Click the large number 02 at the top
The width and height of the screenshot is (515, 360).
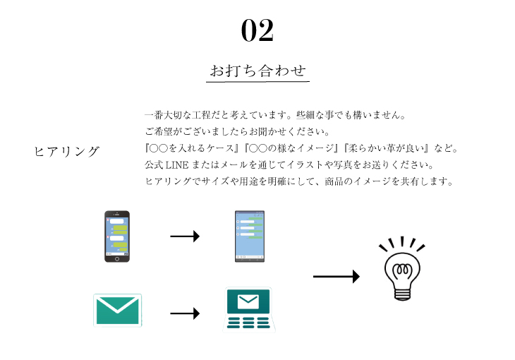[257, 30]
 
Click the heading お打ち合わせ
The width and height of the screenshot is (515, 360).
[257, 71]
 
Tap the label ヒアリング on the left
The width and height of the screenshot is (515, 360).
[66, 152]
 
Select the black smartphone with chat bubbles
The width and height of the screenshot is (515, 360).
[117, 236]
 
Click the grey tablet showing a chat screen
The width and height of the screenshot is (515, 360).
[249, 236]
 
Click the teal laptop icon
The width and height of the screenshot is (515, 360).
[248, 309]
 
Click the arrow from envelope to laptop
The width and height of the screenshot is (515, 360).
[185, 313]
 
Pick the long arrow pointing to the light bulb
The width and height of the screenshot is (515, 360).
[336, 277]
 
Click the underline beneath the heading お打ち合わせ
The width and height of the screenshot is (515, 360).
[257, 83]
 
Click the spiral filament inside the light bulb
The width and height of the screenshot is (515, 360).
[402, 270]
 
